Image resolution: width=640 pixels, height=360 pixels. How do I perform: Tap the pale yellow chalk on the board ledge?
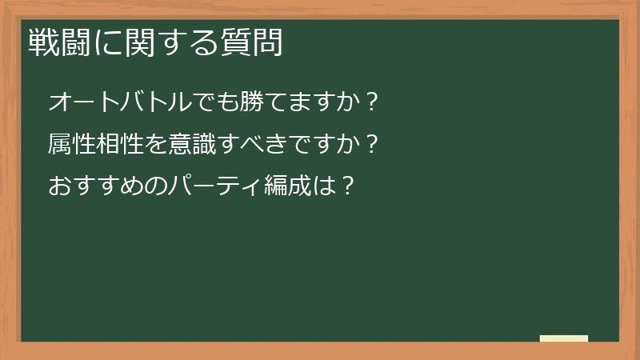[564, 338]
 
